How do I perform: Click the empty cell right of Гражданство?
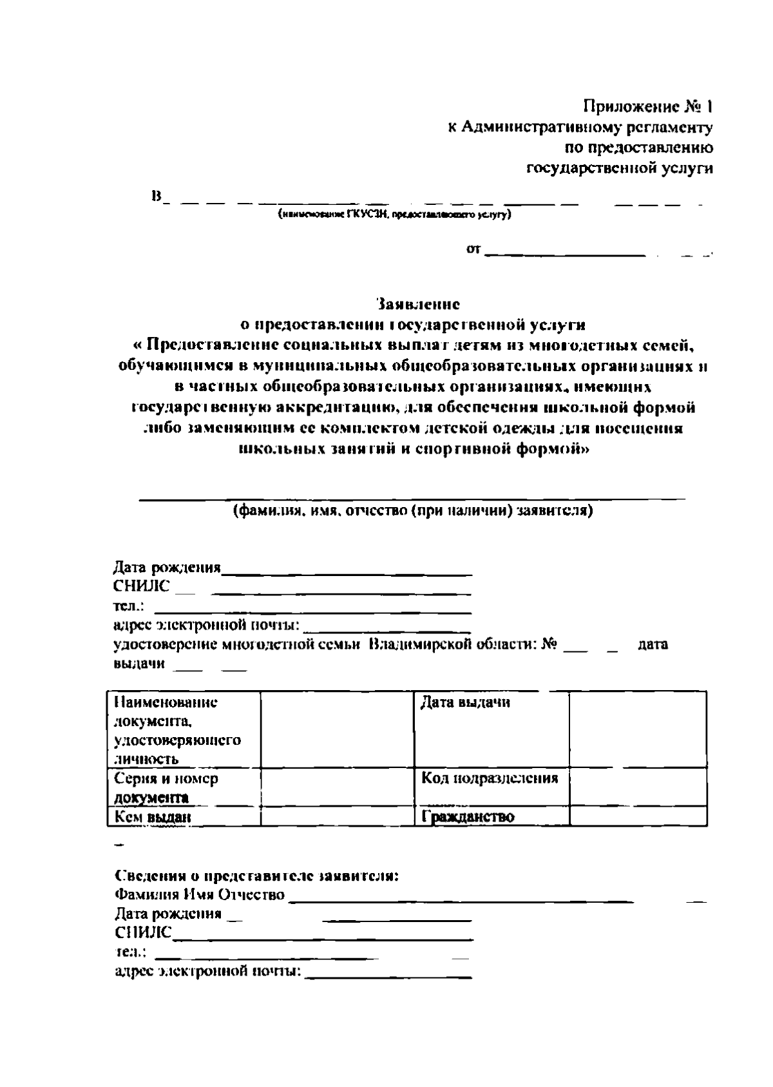638,817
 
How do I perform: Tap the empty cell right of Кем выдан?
337,817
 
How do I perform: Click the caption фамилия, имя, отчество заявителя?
412,511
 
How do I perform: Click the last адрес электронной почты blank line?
388,977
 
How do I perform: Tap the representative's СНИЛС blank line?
322,939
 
